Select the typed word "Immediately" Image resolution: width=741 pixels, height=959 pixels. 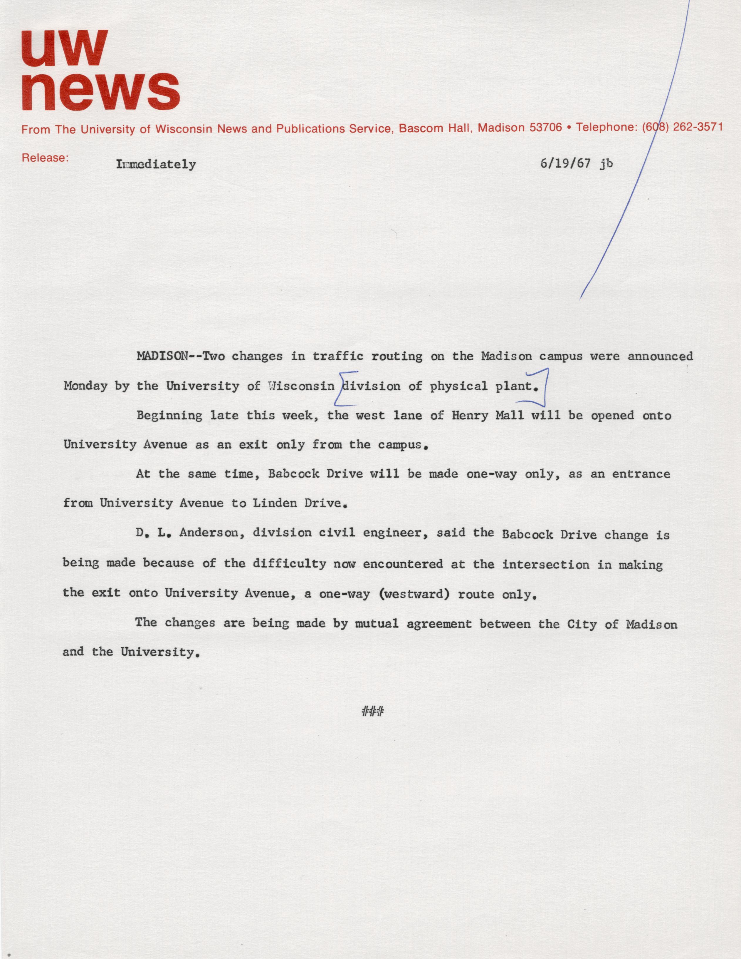[x=156, y=165]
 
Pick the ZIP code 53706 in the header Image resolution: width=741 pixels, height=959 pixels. [x=546, y=128]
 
